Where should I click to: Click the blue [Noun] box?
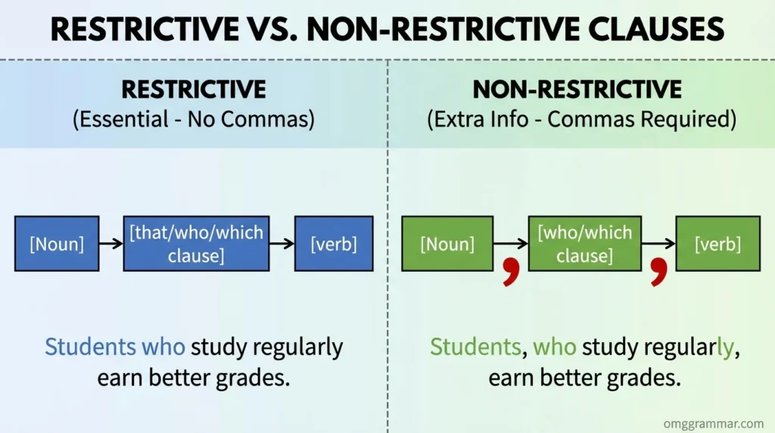click(x=57, y=244)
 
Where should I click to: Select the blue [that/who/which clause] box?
click(x=196, y=244)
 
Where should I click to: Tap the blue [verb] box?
click(x=334, y=244)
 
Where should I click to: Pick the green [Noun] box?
click(x=447, y=244)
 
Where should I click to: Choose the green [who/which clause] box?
click(x=585, y=244)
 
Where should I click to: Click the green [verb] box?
click(x=717, y=244)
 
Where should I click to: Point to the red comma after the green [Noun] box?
click(x=511, y=272)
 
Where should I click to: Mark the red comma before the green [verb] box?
click(x=659, y=272)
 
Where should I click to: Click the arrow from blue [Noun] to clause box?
click(x=111, y=243)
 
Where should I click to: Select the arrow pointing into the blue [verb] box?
click(x=282, y=243)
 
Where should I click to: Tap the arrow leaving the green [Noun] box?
click(x=511, y=243)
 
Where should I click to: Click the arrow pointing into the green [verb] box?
click(x=658, y=243)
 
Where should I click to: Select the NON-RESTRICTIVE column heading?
click(x=577, y=89)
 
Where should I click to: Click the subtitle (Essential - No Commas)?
click(x=194, y=120)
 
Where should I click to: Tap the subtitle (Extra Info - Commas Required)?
click(x=582, y=120)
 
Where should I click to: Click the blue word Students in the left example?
click(x=91, y=347)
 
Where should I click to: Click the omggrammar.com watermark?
click(x=714, y=424)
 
